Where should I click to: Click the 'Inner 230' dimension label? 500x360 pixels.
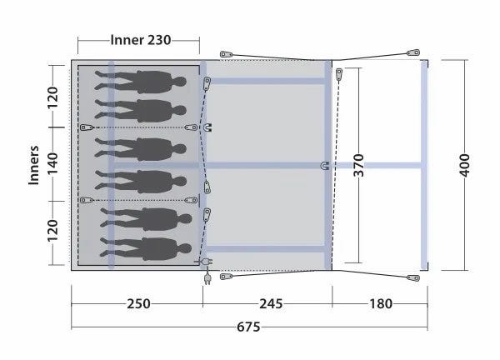[x=141, y=40]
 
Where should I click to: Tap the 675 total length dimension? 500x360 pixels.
[x=248, y=327]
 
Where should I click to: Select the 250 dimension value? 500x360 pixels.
[x=138, y=304]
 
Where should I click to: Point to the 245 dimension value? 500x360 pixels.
[x=271, y=304]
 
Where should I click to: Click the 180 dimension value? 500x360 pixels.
[x=381, y=304]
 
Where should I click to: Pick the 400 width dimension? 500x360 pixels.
[x=465, y=165]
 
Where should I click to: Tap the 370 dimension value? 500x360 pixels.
[x=358, y=165]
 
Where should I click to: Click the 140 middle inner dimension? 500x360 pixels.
[x=52, y=163]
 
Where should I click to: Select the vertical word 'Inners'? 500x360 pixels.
[x=33, y=165]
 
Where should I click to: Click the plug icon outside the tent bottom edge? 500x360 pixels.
[x=207, y=278]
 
